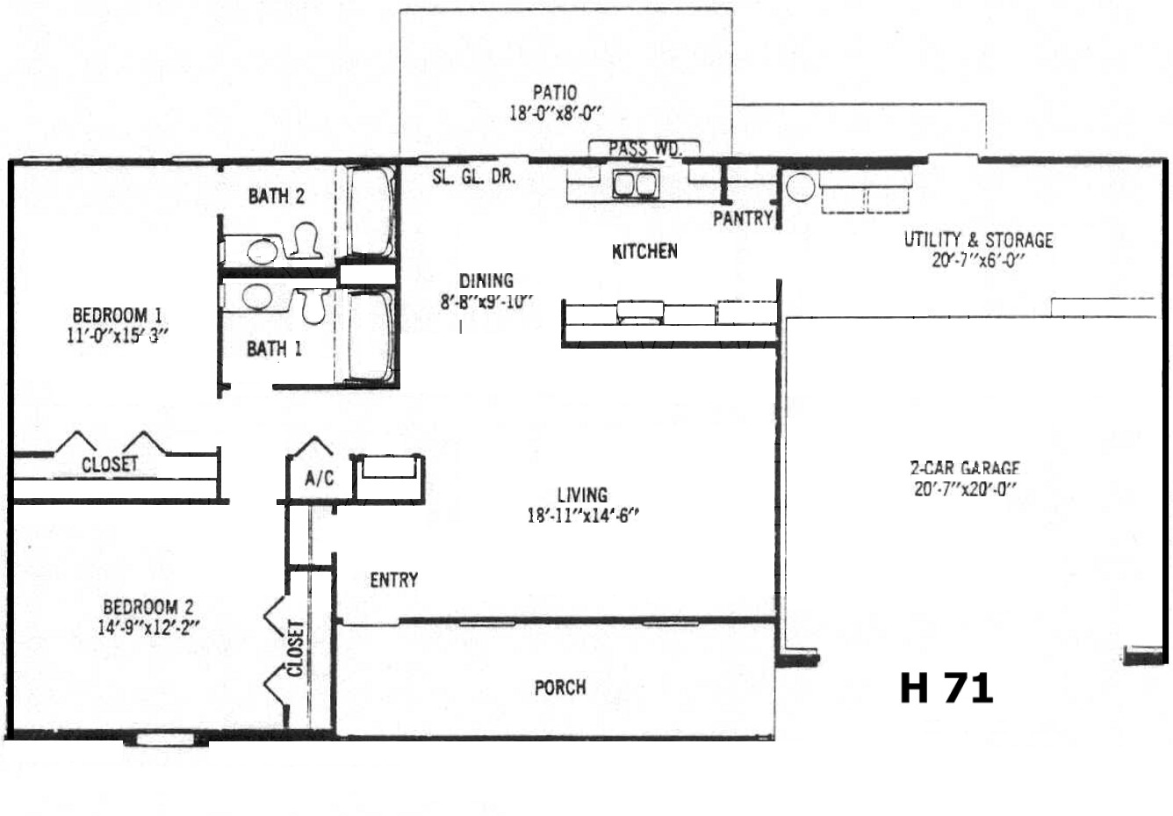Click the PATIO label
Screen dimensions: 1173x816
tap(555, 93)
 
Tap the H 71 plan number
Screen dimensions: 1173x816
tap(946, 689)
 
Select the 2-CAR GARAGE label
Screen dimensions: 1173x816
tap(965, 467)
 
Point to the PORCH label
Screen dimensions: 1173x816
tap(560, 687)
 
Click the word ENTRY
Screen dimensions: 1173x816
tap(394, 580)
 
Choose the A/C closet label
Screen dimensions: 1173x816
tap(319, 478)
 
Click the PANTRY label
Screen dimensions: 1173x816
tap(743, 218)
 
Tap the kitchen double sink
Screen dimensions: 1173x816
tap(635, 184)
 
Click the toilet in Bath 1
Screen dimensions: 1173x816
tap(313, 306)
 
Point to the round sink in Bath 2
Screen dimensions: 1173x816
tap(263, 252)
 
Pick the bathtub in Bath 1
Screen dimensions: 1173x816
tap(371, 336)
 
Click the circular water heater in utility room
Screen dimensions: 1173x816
tap(800, 187)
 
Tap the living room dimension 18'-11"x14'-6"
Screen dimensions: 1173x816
tap(582, 516)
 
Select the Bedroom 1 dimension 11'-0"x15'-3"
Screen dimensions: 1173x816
tap(118, 336)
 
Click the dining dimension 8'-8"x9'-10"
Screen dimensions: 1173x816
tap(486, 301)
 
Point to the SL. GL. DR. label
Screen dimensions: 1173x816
tap(474, 177)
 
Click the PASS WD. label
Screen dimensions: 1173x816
tap(644, 148)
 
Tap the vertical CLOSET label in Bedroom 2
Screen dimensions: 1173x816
tap(295, 648)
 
